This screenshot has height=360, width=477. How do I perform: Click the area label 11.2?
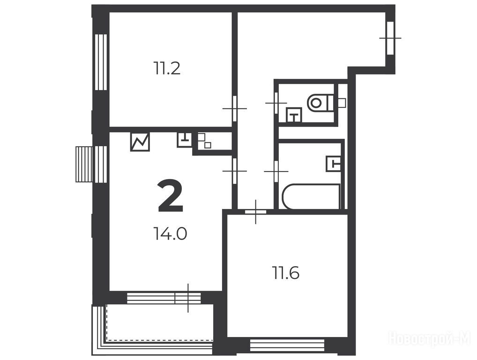(167, 68)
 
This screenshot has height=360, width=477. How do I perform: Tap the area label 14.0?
(170, 234)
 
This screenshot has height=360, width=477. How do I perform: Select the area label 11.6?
(286, 273)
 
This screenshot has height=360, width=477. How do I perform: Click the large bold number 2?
(171, 196)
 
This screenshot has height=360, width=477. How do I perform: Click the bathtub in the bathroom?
(311, 196)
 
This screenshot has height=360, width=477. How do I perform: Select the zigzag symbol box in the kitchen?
(140, 142)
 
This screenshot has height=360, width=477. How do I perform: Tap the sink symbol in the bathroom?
(333, 164)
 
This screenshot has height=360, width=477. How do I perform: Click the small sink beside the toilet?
(294, 115)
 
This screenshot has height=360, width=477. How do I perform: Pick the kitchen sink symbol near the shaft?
(185, 140)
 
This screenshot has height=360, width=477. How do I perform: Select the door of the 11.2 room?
(235, 108)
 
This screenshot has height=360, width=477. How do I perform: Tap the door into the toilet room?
(276, 103)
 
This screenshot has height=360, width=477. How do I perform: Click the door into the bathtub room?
(276, 171)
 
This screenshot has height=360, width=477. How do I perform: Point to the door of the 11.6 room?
(255, 211)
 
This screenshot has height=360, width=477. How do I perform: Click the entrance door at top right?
(390, 38)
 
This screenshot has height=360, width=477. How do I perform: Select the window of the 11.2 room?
(101, 62)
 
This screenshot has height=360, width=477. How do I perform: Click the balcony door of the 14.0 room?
(188, 298)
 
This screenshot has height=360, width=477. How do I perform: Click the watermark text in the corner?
(430, 338)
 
